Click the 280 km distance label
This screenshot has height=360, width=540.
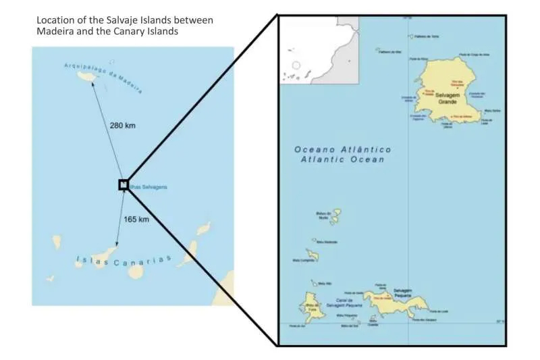[x=123, y=126]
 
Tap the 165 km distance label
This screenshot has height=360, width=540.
[x=136, y=220]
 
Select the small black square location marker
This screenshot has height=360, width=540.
[x=124, y=184]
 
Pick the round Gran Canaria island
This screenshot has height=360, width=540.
[x=136, y=271]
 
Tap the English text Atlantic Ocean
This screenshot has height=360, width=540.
[x=342, y=159]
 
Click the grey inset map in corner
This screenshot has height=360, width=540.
[x=321, y=51]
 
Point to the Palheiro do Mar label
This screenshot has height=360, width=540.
[x=391, y=51]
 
